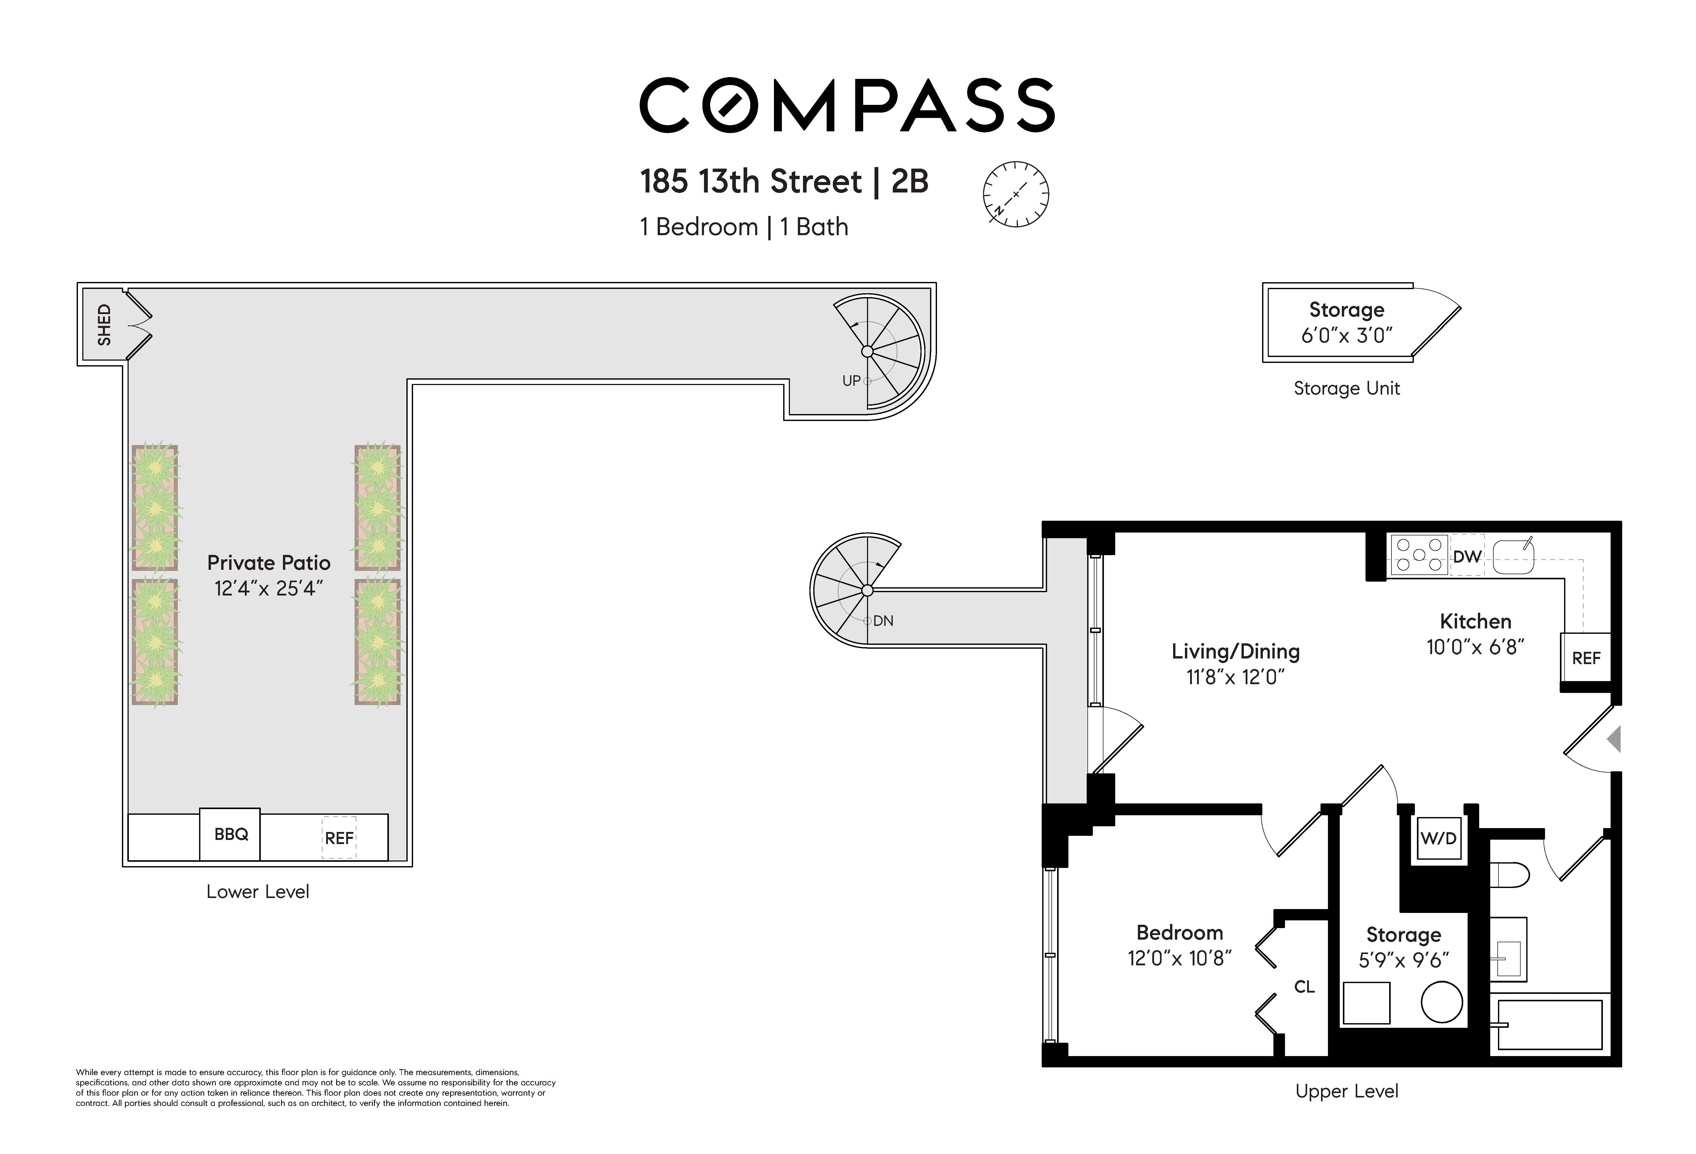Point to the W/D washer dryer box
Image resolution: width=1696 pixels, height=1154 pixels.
[x=1438, y=838]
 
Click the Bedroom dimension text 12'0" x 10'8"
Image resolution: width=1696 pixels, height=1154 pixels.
[x=1179, y=958]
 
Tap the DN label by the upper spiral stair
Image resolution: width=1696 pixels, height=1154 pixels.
[x=883, y=621]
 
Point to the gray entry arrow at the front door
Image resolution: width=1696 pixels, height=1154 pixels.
[x=1614, y=739]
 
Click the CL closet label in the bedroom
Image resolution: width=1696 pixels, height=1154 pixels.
[x=1304, y=986]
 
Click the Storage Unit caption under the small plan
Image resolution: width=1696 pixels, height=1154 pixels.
[x=1346, y=388]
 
